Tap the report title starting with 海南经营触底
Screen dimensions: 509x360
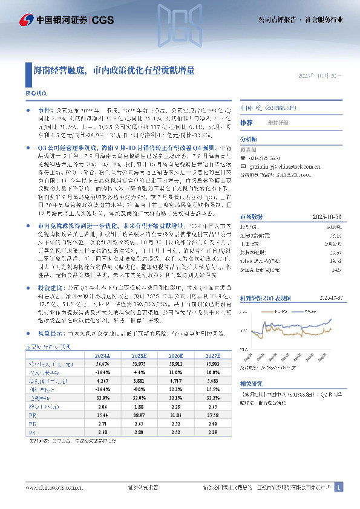click(x=114, y=70)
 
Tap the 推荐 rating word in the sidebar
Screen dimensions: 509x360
click(x=246, y=123)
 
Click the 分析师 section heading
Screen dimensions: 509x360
click(x=249, y=138)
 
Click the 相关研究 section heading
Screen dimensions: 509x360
click(x=251, y=383)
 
